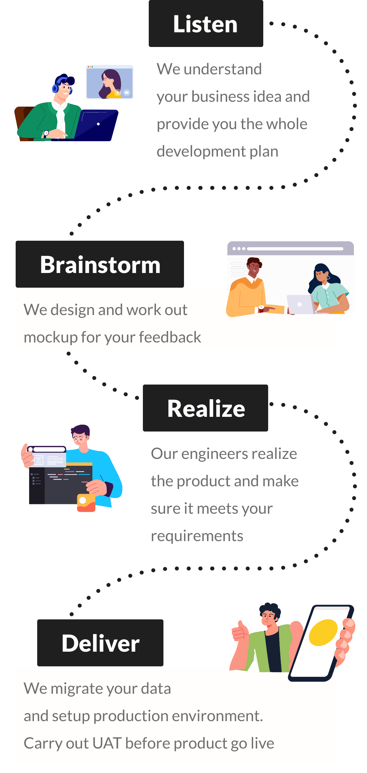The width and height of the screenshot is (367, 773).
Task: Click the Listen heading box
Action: coord(206,23)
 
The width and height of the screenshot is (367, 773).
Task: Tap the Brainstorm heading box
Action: coord(100,264)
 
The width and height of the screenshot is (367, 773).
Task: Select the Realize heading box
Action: coord(206,408)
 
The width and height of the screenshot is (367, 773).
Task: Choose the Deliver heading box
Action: coord(100,643)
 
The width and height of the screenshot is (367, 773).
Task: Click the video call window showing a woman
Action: coord(110,82)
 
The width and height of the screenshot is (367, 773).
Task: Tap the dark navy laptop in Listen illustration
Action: coord(95,126)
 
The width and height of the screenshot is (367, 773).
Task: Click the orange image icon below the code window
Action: coord(86,503)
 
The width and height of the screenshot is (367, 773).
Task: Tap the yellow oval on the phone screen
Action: coord(323,632)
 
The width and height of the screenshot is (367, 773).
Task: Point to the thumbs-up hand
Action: coord(239,630)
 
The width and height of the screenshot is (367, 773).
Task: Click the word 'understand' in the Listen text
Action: coord(223,69)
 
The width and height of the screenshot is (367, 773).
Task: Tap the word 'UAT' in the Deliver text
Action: coord(107,744)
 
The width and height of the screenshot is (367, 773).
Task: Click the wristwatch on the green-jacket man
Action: coord(46,133)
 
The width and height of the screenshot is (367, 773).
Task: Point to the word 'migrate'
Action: coord(76,689)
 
